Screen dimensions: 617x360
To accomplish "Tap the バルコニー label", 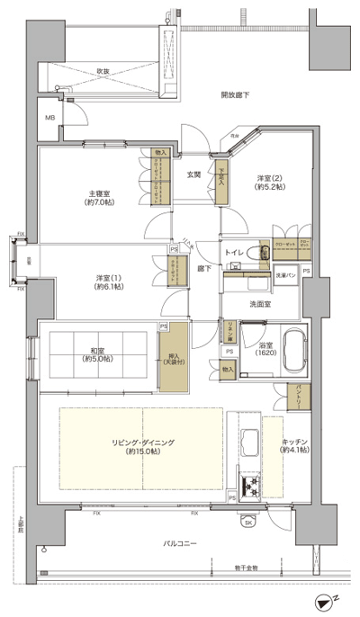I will pyautogui.click(x=181, y=542).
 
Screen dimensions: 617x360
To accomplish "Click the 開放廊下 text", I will pyautogui.click(x=235, y=94).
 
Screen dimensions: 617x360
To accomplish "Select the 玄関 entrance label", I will pyautogui.click(x=193, y=174).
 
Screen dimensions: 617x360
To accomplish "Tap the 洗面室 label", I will pyautogui.click(x=260, y=303).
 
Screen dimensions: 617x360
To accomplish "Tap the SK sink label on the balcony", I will pyautogui.click(x=247, y=519).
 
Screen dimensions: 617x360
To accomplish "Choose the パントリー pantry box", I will pyautogui.click(x=294, y=394).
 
